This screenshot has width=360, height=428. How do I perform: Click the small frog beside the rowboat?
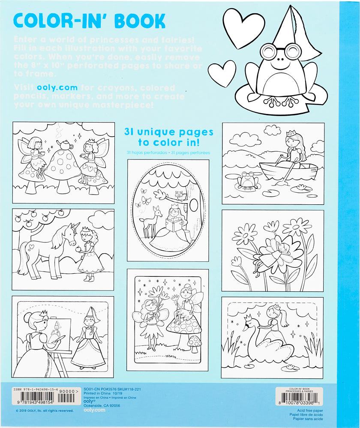coord(247,180)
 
